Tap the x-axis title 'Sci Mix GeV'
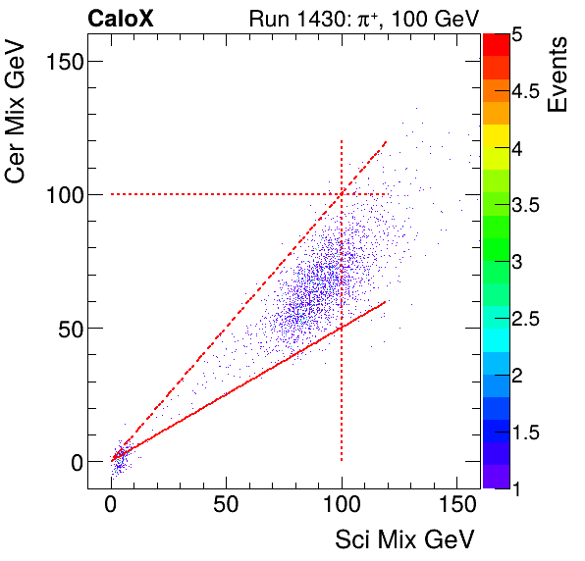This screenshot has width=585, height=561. point(405,539)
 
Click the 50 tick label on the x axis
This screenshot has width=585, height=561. point(227,504)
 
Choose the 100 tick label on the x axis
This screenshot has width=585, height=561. point(342,504)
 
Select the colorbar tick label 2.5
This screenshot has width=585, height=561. point(528,319)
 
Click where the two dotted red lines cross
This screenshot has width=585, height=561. point(342,194)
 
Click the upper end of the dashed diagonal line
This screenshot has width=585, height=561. point(387,141)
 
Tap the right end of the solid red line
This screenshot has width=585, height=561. point(387,301)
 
